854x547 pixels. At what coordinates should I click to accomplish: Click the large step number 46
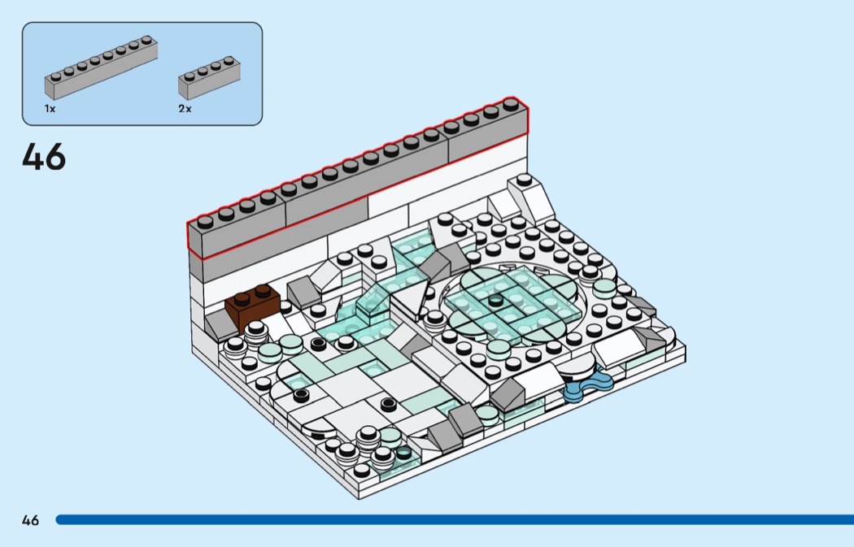pyautogui.click(x=44, y=157)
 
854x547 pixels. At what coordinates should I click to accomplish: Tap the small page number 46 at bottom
pyautogui.click(x=31, y=520)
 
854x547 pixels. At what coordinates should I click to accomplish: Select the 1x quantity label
pyautogui.click(x=50, y=109)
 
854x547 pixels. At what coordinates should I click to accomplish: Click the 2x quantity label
pyautogui.click(x=185, y=109)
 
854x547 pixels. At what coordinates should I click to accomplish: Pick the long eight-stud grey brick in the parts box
pyautogui.click(x=102, y=67)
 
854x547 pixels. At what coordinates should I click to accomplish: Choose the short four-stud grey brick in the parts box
pyautogui.click(x=209, y=78)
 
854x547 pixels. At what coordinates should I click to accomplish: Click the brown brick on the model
pyautogui.click(x=253, y=309)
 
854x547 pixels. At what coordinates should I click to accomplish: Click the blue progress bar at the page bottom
pyautogui.click(x=455, y=520)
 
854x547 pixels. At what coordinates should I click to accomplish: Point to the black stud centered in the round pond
pyautogui.click(x=495, y=299)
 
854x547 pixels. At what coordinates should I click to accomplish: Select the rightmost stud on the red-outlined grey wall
pyautogui.click(x=511, y=103)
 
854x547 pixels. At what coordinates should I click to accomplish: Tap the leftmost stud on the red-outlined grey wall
pyautogui.click(x=205, y=220)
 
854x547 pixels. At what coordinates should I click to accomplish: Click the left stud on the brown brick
pyautogui.click(x=242, y=298)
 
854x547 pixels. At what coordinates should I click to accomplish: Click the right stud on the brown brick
pyautogui.click(x=263, y=291)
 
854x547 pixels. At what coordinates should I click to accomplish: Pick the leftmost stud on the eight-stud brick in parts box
pyautogui.click(x=56, y=76)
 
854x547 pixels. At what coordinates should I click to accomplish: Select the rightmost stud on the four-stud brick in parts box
pyautogui.click(x=229, y=59)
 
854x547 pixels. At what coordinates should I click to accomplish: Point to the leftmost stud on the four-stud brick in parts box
pyautogui.click(x=190, y=76)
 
